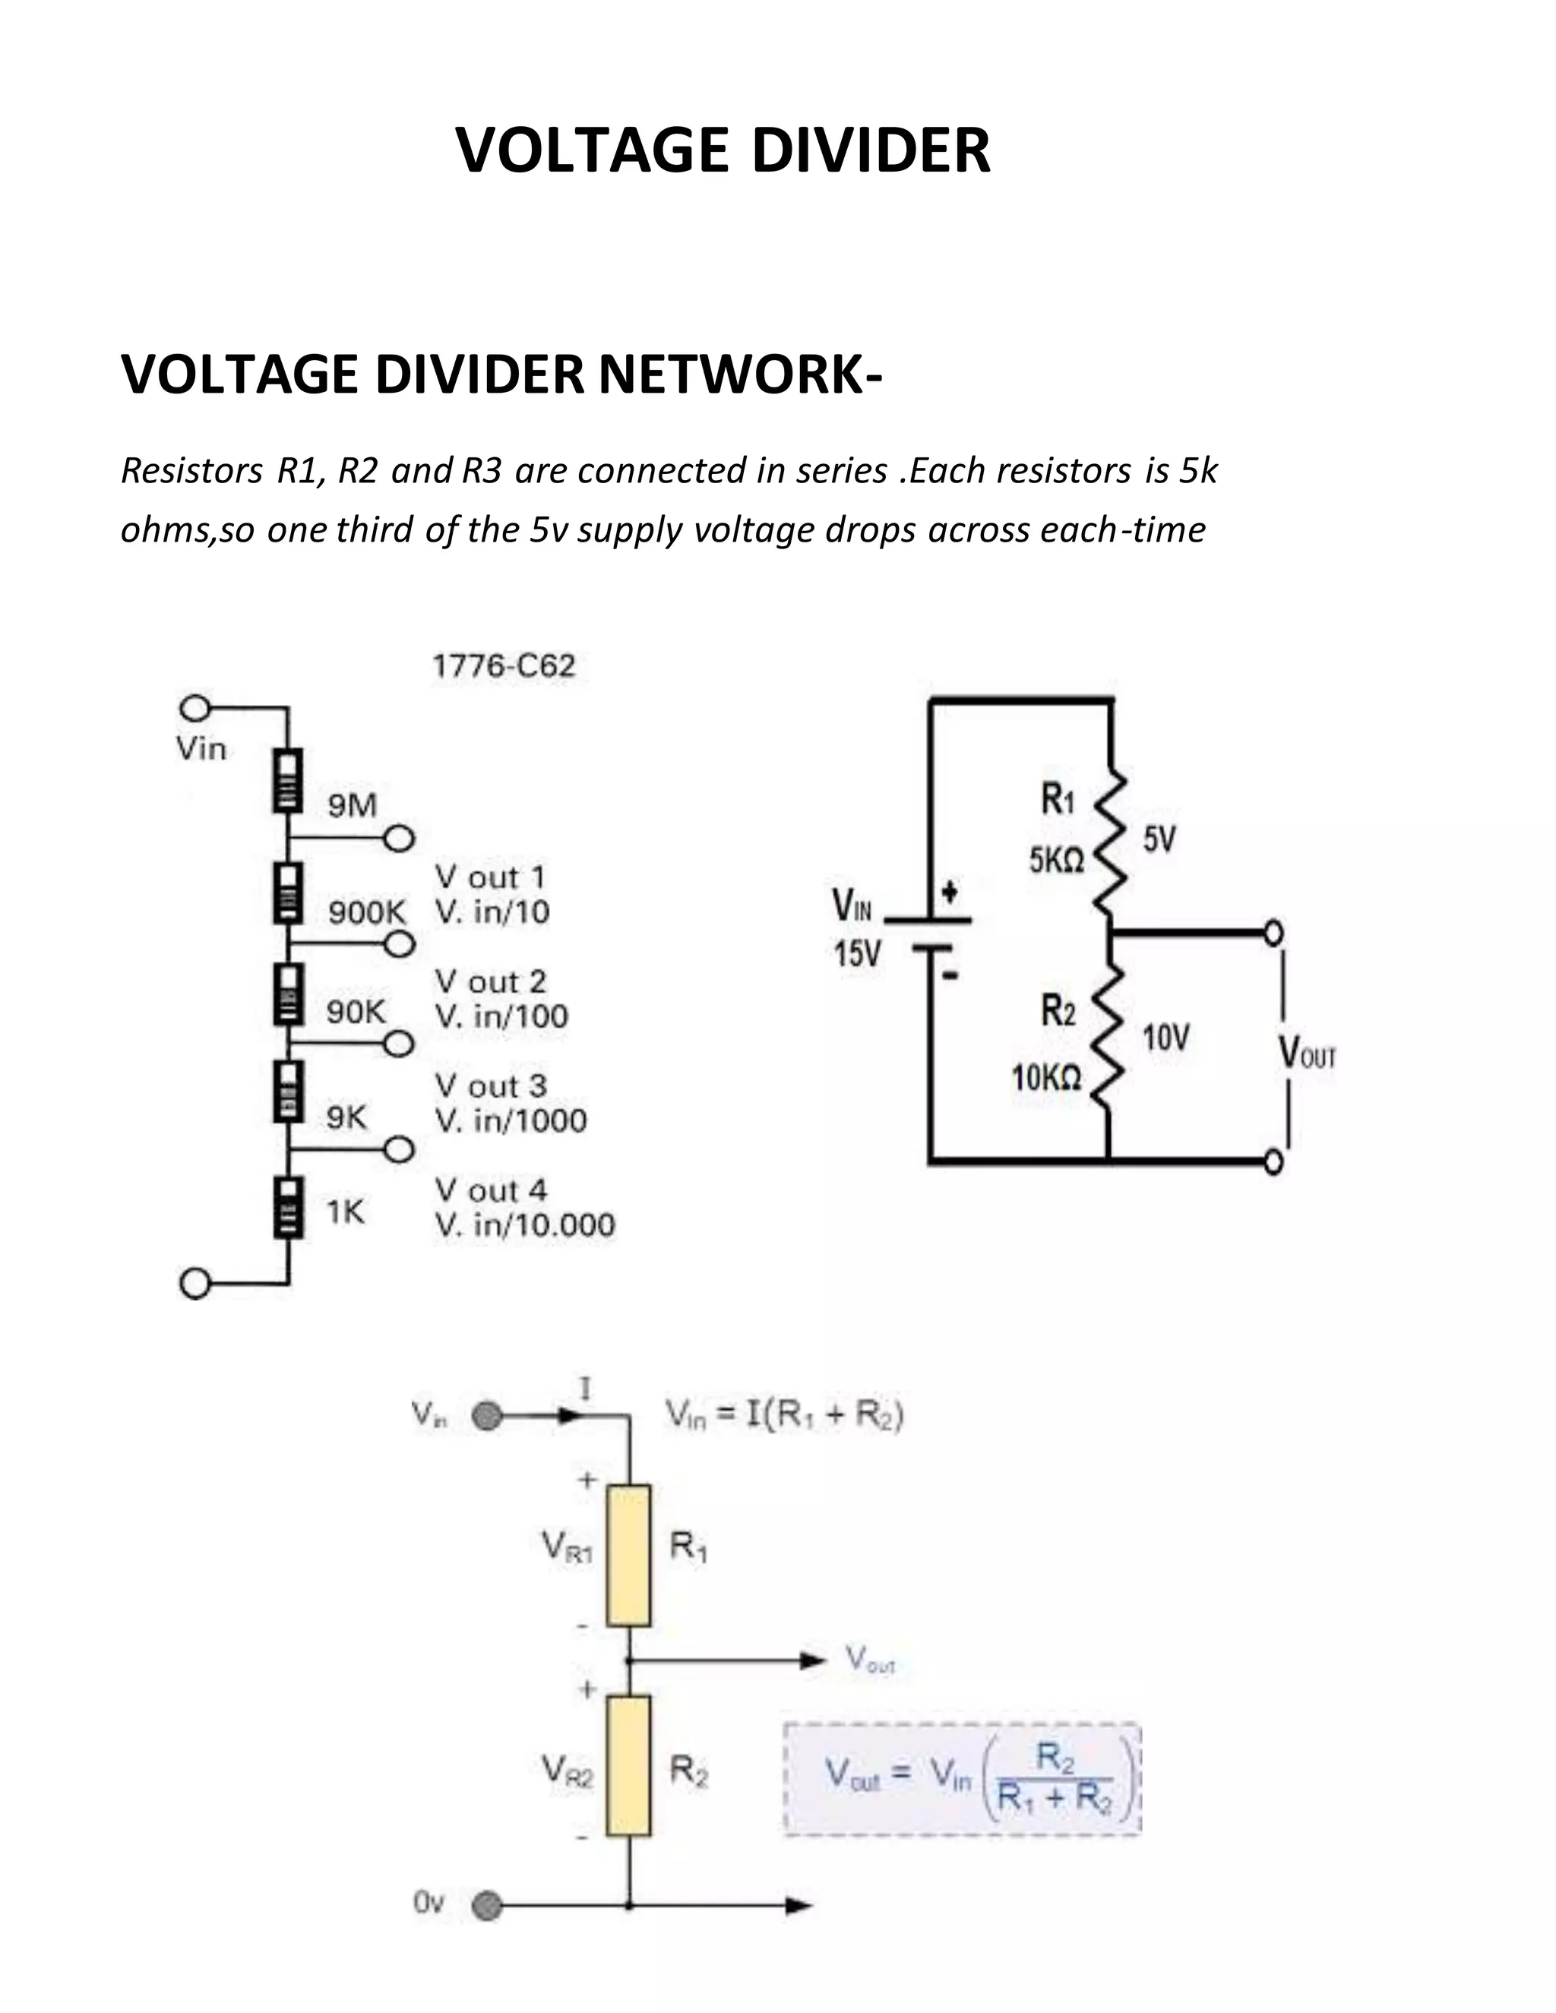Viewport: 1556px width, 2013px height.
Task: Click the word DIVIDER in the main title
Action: (x=871, y=150)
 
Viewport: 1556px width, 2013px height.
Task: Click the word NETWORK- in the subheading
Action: (x=740, y=375)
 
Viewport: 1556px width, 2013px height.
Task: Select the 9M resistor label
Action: (x=352, y=805)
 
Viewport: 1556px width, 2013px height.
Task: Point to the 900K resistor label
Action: (x=367, y=912)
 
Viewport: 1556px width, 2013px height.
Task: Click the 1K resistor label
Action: (x=346, y=1212)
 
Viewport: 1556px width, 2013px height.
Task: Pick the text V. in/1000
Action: (x=511, y=1120)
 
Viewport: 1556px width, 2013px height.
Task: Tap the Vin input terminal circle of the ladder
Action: (x=194, y=709)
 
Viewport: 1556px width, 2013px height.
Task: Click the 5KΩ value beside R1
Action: (x=1056, y=861)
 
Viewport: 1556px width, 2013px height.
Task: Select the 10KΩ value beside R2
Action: (x=1046, y=1076)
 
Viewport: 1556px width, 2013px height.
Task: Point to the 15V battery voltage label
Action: (x=857, y=954)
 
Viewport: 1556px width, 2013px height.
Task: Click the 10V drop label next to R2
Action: (x=1166, y=1038)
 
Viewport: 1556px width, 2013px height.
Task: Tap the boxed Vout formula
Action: (x=963, y=1778)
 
